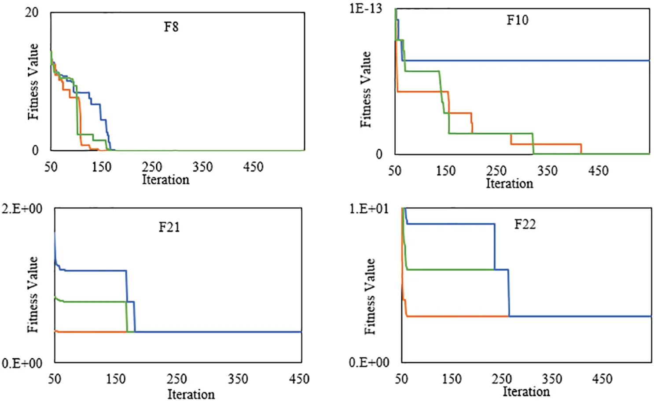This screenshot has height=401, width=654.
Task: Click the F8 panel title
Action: click(x=171, y=27)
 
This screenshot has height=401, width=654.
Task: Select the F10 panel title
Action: click(x=517, y=20)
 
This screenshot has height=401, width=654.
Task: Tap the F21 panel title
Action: click(x=169, y=227)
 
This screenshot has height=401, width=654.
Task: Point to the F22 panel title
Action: click(x=525, y=224)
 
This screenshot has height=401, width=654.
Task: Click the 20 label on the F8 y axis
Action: click(x=32, y=12)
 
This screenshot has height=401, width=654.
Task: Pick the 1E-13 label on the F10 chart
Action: click(x=365, y=8)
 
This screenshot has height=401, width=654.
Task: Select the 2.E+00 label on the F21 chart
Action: click(x=22, y=209)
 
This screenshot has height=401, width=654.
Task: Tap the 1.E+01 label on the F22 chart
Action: click(x=369, y=208)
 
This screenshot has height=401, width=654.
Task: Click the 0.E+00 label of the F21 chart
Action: click(x=22, y=364)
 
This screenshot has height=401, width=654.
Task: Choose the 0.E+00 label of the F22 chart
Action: click(x=369, y=362)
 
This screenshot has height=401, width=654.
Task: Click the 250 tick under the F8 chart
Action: click(x=152, y=167)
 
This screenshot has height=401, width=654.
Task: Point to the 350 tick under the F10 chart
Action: click(x=547, y=171)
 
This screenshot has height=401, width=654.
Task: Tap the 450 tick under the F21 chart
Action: click(x=299, y=379)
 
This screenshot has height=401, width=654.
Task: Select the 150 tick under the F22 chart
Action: click(x=452, y=379)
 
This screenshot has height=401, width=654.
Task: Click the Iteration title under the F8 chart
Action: click(x=165, y=180)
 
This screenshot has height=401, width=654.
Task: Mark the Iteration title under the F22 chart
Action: click(x=526, y=391)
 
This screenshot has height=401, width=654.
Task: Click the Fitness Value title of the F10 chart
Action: click(x=366, y=89)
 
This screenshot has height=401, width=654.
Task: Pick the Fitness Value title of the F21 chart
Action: click(x=33, y=294)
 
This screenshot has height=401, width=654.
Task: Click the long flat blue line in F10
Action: click(x=528, y=61)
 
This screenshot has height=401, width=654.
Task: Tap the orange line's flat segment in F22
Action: click(x=458, y=316)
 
